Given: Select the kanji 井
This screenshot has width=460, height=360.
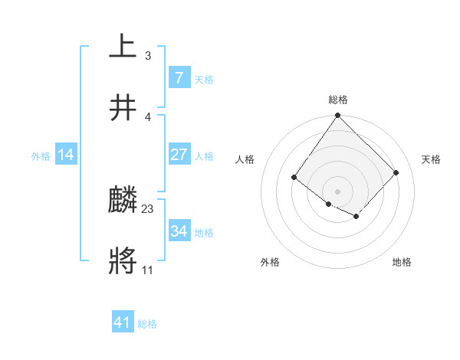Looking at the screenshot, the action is coord(123,107).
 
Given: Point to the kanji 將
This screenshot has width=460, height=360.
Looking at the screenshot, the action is coord(123,261).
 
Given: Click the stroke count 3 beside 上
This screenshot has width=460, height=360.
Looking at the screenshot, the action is coord(148,56).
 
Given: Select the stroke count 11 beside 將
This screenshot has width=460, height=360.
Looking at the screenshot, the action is coord(148,270).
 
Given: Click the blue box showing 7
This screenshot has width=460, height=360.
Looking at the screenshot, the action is coord(179,77).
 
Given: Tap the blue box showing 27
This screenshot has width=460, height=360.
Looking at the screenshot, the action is coord(179,154).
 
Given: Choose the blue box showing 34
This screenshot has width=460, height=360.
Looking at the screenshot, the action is coord(179,231).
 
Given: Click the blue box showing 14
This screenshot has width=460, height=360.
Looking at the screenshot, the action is coord(66,155).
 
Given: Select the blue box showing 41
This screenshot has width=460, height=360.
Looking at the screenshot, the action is coord(123,322).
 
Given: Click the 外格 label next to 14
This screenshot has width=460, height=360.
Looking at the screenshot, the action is coord(41,155).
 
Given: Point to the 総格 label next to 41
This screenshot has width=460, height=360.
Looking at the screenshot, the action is coord(147,323).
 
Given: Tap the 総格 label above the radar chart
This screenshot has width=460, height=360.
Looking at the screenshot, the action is coord(338,100).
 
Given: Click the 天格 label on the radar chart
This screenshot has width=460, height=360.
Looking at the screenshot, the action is coord(431,159).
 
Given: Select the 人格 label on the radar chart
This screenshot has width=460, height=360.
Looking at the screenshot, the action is coord(245,159).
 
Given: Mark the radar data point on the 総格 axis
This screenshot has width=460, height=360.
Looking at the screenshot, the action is coord(337,116).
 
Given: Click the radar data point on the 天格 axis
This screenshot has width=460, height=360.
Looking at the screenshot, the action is coord(396,172).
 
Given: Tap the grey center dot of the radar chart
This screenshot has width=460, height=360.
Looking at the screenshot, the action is coord(337,191).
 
